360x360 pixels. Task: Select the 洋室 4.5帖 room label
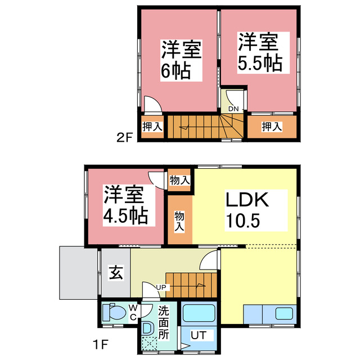125,205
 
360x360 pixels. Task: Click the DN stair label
233,109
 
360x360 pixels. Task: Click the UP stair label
161,287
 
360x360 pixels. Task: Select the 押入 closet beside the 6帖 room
152,127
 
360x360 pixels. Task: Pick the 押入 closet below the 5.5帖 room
272,127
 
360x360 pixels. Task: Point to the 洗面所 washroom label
164,321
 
